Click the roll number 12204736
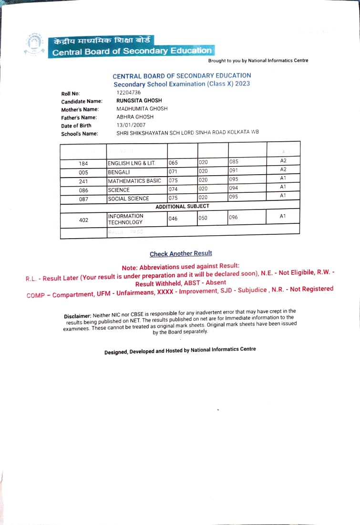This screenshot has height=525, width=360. [128, 93]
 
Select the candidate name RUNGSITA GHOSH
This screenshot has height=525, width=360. [139, 101]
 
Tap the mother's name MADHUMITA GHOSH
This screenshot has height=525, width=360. [142, 109]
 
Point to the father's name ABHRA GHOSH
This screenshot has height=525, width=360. [135, 117]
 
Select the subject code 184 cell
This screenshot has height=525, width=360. [83, 164]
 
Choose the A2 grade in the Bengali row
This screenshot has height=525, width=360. [283, 169]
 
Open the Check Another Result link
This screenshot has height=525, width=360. [181, 254]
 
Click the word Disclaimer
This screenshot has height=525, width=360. [77, 316]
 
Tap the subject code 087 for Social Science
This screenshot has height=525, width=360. [83, 199]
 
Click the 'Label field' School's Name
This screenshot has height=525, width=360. [79, 134]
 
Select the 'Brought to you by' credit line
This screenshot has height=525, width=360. [258, 61]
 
